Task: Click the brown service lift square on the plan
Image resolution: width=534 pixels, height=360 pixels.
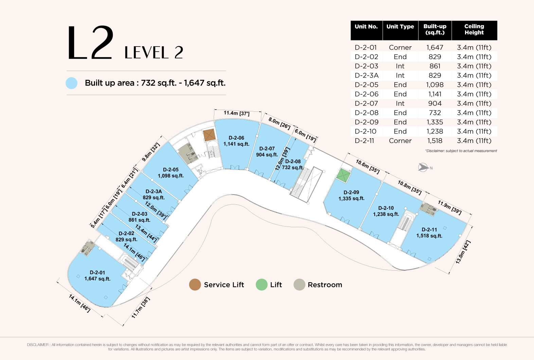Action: point(209,135)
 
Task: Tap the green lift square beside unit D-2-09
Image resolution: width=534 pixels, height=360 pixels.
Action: point(343,176)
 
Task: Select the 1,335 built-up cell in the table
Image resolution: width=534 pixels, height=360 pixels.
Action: point(434,122)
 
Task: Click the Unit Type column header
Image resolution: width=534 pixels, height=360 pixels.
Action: point(400,26)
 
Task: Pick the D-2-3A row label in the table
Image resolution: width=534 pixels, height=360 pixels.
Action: point(367,75)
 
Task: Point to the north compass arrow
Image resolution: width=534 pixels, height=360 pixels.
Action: point(423,167)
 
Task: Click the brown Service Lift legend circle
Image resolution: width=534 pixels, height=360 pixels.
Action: point(195,285)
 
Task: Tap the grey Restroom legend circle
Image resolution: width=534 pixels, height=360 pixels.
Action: point(299,285)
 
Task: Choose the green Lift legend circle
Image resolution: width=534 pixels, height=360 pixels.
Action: point(262,285)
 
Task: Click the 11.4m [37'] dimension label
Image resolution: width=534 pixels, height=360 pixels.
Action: point(236,113)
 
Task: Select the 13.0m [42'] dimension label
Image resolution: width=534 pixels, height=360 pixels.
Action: point(463,252)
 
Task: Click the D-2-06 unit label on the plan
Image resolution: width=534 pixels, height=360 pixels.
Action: point(236,138)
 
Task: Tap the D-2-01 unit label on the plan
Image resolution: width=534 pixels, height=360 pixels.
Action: point(97,272)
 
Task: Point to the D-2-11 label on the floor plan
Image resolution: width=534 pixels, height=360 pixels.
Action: point(429,230)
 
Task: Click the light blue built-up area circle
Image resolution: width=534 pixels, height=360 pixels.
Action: point(72,83)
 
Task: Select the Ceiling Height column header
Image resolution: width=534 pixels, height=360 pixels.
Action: point(474,29)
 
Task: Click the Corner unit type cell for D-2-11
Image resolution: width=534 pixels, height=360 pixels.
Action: point(400,141)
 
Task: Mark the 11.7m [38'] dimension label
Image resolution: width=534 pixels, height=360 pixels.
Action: point(141,308)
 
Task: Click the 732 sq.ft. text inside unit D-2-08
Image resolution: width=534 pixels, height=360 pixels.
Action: point(292,167)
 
